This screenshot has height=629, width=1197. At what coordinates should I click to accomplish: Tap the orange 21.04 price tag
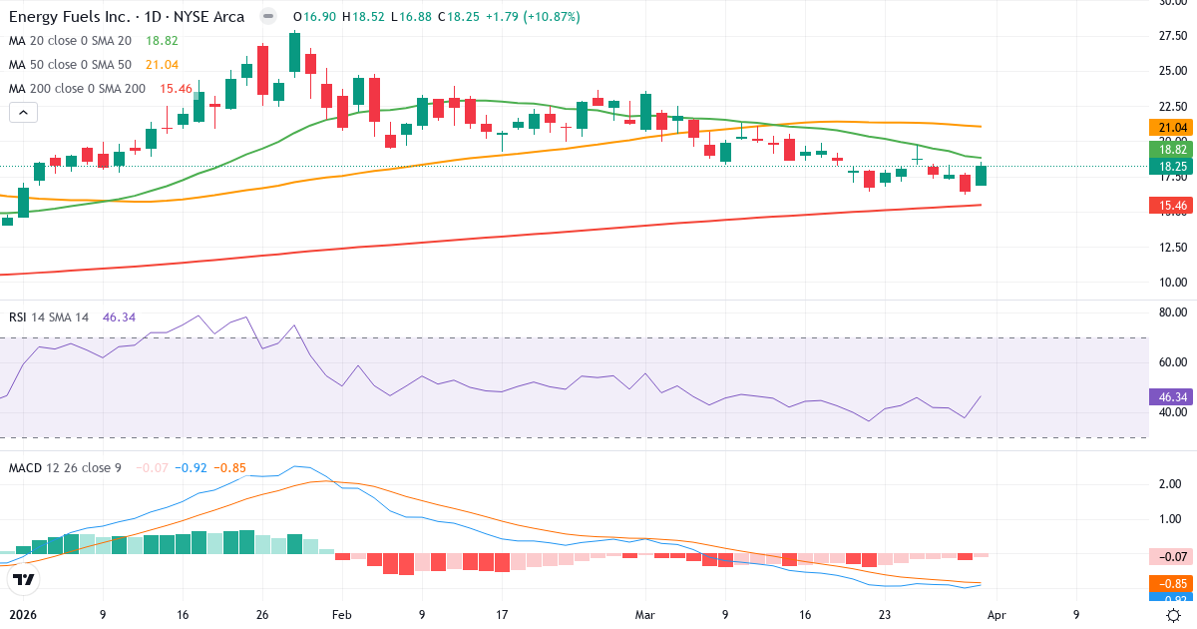tap(1173, 128)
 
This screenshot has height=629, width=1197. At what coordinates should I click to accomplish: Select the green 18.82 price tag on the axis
tap(1173, 149)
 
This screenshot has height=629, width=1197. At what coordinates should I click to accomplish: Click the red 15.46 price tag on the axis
tap(1173, 206)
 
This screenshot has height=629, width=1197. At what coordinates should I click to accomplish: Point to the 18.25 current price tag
tap(1173, 166)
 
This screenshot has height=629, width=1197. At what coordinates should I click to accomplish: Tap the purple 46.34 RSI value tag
tap(1173, 396)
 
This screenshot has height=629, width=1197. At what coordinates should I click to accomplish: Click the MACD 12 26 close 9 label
tap(65, 467)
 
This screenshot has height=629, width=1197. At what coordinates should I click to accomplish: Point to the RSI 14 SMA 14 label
tap(49, 316)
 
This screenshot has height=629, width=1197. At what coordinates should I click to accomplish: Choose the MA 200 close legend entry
tap(77, 89)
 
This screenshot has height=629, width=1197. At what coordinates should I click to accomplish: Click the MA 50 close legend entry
tap(73, 65)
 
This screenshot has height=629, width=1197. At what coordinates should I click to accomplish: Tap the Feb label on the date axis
tap(341, 615)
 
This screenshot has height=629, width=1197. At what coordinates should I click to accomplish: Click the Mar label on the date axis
tap(644, 615)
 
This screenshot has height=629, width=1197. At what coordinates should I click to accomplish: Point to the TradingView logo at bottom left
tap(24, 579)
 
